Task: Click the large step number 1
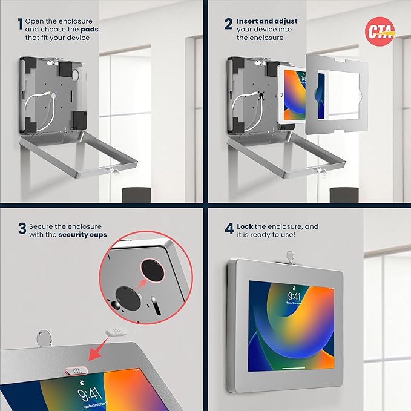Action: (x=21, y=25)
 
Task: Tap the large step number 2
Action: (x=228, y=25)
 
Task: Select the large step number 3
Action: (x=22, y=229)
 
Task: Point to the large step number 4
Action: (x=229, y=229)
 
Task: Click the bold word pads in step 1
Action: (x=89, y=28)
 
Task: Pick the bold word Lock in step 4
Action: (x=247, y=226)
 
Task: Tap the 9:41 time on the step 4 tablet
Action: (x=294, y=297)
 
